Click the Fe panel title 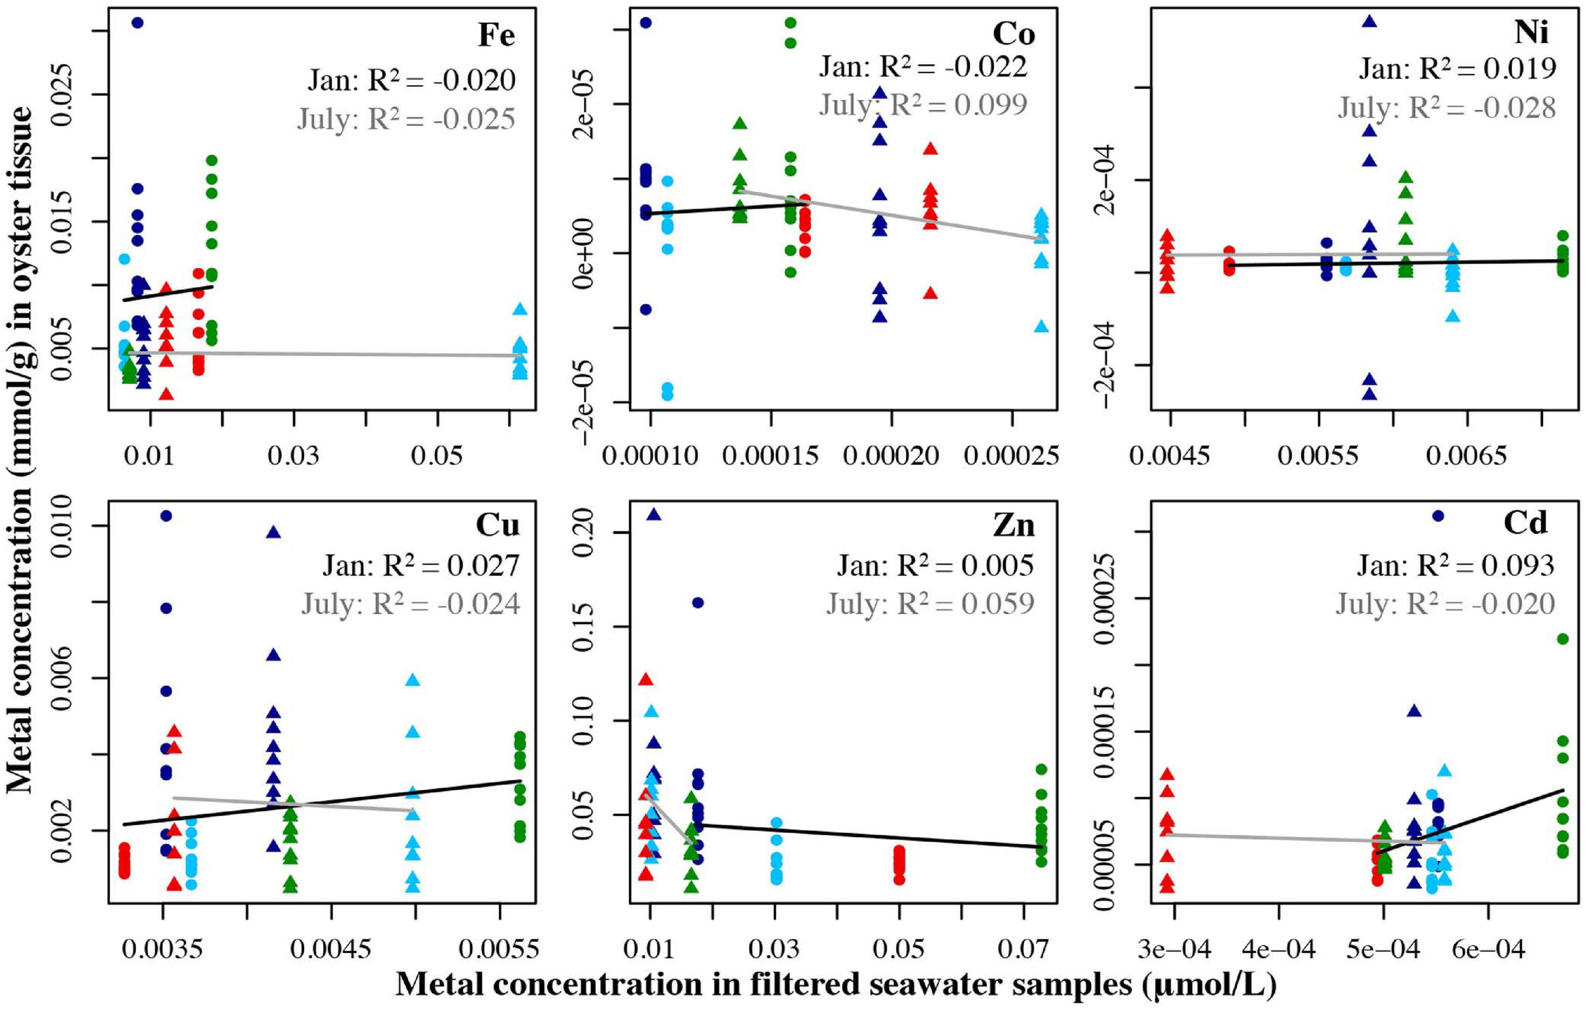[x=496, y=36]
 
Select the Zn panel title [x=1015, y=526]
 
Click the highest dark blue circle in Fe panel [x=138, y=23]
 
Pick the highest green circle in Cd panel [x=1562, y=639]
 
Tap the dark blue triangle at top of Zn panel [x=653, y=515]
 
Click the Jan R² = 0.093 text [x=1456, y=565]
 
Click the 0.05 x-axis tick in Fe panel [x=437, y=456]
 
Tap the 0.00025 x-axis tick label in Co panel [x=1011, y=456]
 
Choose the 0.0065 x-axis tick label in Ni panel [x=1468, y=456]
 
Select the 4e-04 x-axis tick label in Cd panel [x=1278, y=950]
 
